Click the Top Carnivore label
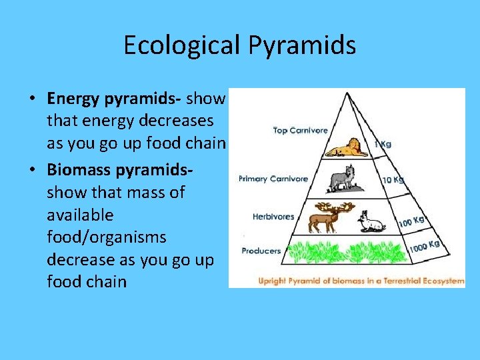point(300,130)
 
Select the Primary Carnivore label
point(273,179)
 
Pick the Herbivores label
point(273,216)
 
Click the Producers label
point(261,251)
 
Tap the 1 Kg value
point(382,144)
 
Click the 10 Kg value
point(392,179)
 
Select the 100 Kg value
point(411,221)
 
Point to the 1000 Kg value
point(424,247)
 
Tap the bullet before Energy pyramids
point(31,99)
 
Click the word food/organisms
point(97,237)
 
